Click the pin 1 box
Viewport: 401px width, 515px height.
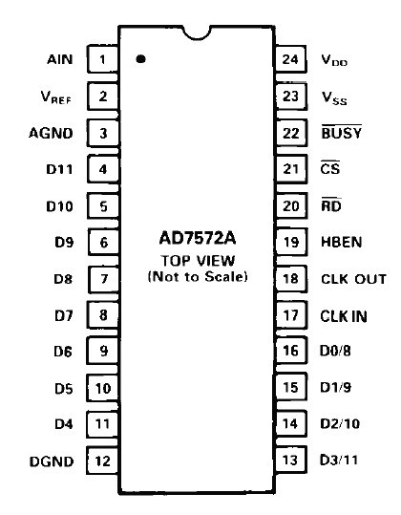click(x=103, y=59)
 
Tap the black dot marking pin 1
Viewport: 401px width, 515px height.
click(x=140, y=59)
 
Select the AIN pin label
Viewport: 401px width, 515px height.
click(x=60, y=60)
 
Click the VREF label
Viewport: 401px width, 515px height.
click(x=55, y=97)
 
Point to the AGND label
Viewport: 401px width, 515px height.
click(x=51, y=133)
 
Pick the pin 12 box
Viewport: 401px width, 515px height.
click(x=102, y=461)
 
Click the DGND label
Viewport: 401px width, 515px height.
click(x=52, y=461)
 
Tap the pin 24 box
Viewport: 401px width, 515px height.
click(x=291, y=59)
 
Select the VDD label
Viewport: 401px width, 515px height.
click(x=334, y=60)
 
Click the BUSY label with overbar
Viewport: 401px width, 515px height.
click(x=341, y=132)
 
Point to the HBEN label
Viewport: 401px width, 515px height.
click(x=341, y=242)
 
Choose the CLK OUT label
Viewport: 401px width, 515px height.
click(x=353, y=279)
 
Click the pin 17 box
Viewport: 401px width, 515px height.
click(x=291, y=315)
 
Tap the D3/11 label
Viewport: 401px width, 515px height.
click(x=339, y=460)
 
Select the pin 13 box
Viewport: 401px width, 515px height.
click(x=291, y=460)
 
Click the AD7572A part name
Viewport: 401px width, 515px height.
click(x=198, y=238)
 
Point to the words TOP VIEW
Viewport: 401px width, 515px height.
click(x=198, y=261)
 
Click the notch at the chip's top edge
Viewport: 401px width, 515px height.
click(x=197, y=32)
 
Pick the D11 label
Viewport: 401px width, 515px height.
click(x=59, y=169)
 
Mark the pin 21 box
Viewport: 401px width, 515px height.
click(x=291, y=169)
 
